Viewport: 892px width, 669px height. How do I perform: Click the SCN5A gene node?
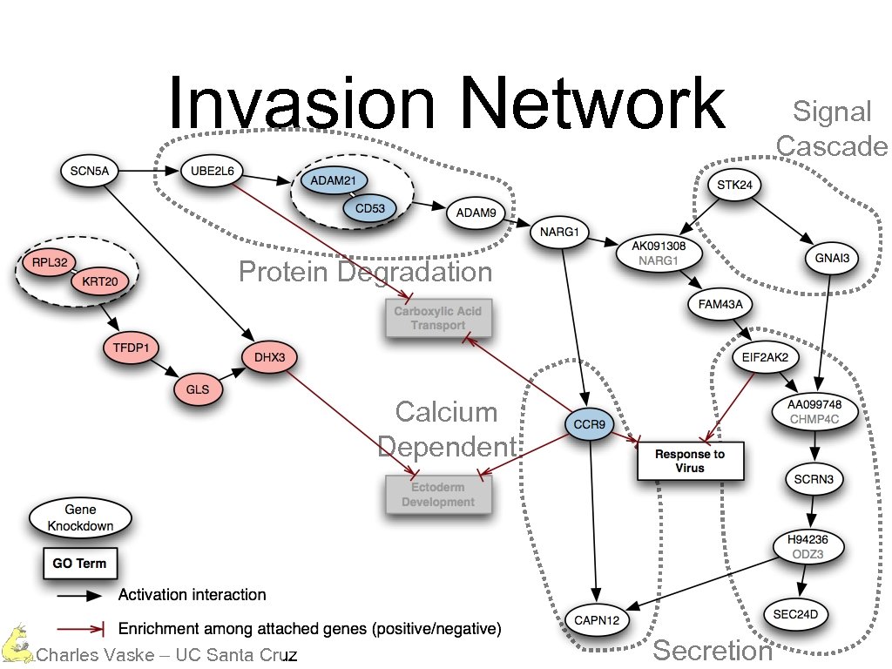[89, 172]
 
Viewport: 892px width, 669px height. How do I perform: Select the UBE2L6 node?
[212, 172]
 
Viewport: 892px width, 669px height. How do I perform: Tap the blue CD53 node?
[369, 208]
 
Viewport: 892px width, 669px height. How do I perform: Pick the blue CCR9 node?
[590, 425]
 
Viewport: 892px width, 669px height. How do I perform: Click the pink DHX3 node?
[269, 357]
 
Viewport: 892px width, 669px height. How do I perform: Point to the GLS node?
[198, 390]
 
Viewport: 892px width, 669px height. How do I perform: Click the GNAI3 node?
[831, 257]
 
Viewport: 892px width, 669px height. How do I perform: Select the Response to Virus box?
[690, 461]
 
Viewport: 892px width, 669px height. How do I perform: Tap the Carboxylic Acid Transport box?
[438, 318]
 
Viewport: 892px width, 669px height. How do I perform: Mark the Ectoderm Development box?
[438, 494]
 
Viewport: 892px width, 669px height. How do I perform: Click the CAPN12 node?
[598, 619]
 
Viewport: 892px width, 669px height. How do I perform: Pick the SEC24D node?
[795, 615]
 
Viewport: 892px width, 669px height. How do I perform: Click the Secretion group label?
[712, 651]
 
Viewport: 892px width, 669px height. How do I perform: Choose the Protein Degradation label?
[365, 273]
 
